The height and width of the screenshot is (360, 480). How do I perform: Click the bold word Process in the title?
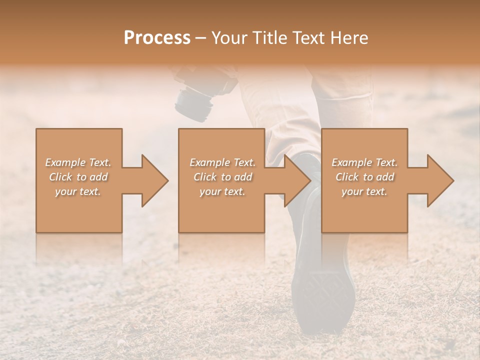click(157, 38)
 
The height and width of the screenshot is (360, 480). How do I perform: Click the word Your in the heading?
click(230, 38)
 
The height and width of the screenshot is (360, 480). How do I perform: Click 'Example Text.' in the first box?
click(78, 162)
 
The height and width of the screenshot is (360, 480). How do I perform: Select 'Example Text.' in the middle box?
click(222, 162)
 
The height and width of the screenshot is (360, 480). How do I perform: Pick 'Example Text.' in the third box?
click(364, 162)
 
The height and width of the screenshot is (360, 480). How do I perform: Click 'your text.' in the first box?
click(78, 191)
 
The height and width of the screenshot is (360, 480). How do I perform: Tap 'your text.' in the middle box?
click(222, 191)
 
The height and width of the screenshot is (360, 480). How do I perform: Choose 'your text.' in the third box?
click(364, 191)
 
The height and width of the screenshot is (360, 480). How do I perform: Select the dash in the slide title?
click(201, 38)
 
